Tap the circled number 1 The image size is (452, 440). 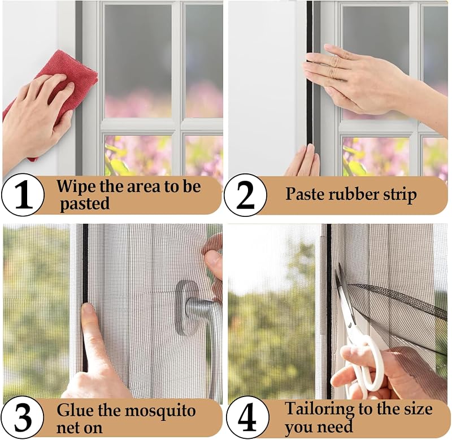pyautogui.click(x=23, y=195)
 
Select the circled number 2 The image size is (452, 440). pyautogui.click(x=245, y=195)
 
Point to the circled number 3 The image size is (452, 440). pyautogui.click(x=23, y=417)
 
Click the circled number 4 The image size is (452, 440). pyautogui.click(x=247, y=417)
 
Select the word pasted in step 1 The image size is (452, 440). pyautogui.click(x=85, y=204)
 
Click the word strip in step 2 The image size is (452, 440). pyautogui.click(x=400, y=195)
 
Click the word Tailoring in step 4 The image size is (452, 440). pyautogui.click(x=319, y=409)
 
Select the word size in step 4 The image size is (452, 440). pyautogui.click(x=418, y=409)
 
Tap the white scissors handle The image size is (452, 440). pyautogui.click(x=364, y=366)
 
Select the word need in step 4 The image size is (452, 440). pyautogui.click(x=334, y=426)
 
